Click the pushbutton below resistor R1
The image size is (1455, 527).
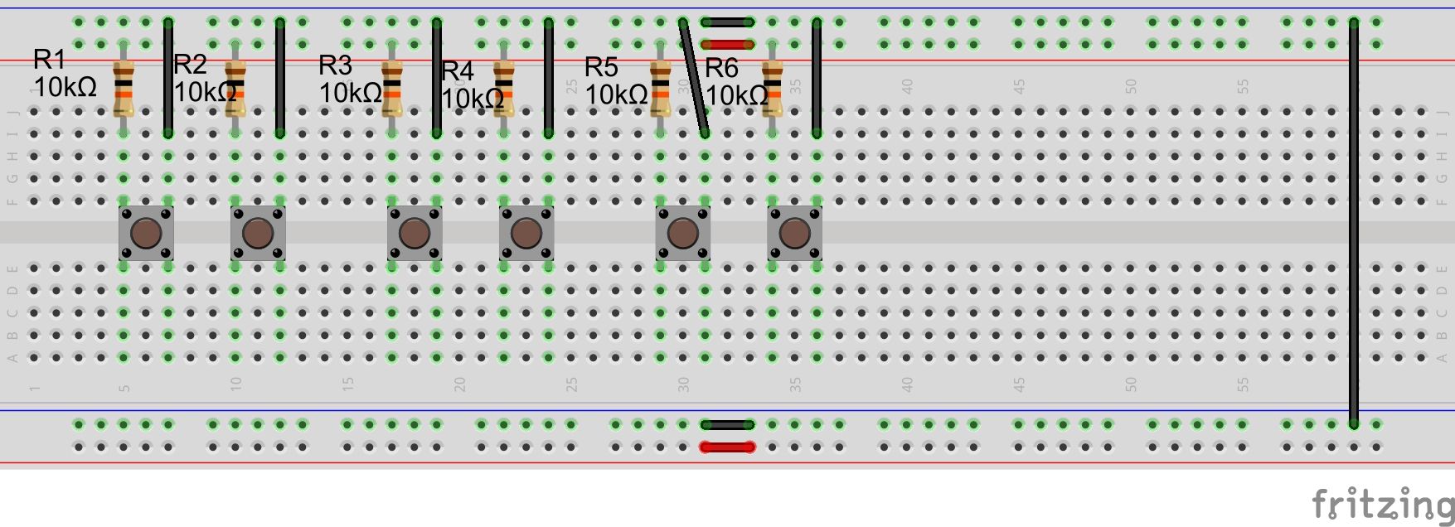click(x=146, y=234)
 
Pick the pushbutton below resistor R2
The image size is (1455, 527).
click(x=258, y=234)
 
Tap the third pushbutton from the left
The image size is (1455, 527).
click(x=415, y=234)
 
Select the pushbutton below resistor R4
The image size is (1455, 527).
click(x=526, y=234)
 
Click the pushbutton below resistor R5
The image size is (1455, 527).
click(x=683, y=234)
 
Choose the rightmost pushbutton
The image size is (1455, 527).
click(x=794, y=234)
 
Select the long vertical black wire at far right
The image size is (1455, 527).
click(x=1354, y=224)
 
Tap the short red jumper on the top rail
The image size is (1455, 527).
click(x=728, y=45)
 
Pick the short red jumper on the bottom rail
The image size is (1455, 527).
click(x=728, y=447)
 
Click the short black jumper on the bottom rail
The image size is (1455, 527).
click(x=728, y=425)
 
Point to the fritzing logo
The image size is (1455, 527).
click(x=1381, y=503)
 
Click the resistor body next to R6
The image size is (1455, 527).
click(x=772, y=89)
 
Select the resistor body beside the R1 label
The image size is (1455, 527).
click(x=124, y=89)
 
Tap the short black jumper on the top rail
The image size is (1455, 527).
click(x=728, y=22)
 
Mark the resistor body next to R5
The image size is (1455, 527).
click(x=661, y=89)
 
